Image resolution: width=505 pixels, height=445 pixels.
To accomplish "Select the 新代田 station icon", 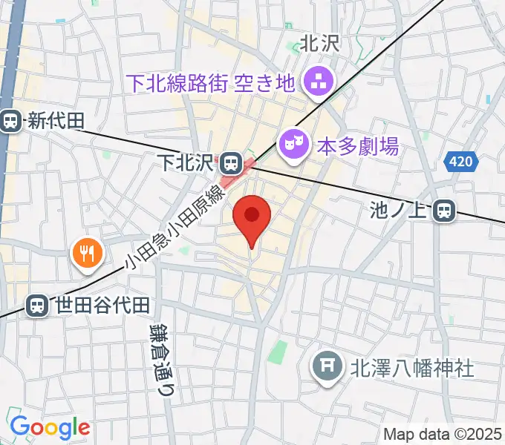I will pos(11,120).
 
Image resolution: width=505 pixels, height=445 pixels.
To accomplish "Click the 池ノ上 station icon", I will pos(445,211).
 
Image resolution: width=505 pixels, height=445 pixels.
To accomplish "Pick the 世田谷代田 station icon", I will pos(36,304).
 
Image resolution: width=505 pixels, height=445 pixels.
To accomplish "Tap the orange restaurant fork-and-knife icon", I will pos(88,253).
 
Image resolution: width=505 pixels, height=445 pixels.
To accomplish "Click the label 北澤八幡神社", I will pos(412,368).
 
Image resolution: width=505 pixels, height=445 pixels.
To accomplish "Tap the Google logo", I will pos(50,427).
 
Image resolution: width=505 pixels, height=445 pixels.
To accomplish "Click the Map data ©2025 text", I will pos(442,434).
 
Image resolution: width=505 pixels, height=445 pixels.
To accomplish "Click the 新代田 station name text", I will pos(56,121).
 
